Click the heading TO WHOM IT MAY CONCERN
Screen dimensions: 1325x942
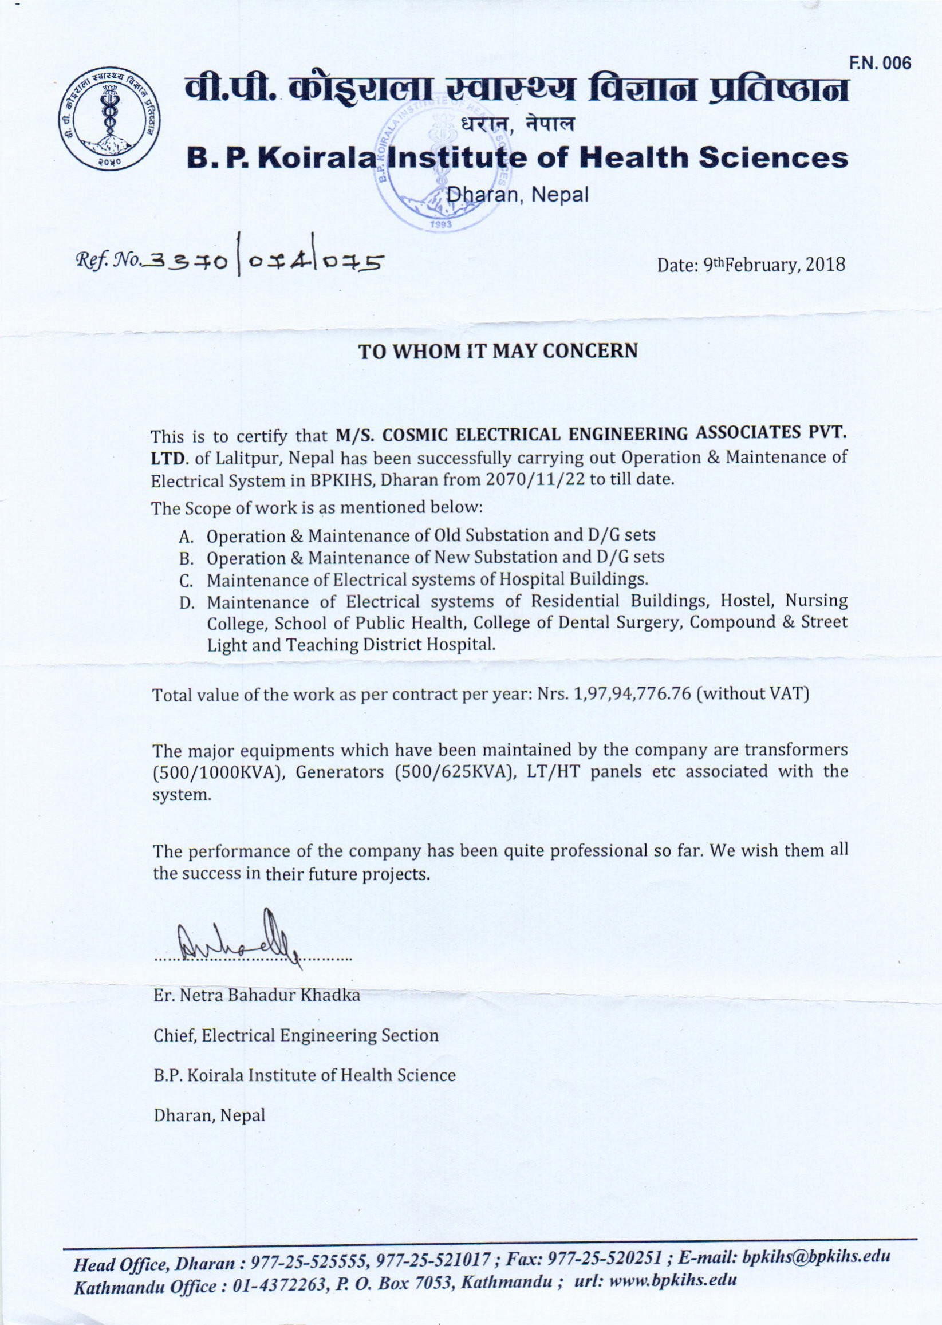click(x=498, y=352)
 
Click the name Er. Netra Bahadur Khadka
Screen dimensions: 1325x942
click(x=257, y=996)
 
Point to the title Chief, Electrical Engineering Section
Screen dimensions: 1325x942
click(x=296, y=1035)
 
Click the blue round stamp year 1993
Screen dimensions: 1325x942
click(x=442, y=226)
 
